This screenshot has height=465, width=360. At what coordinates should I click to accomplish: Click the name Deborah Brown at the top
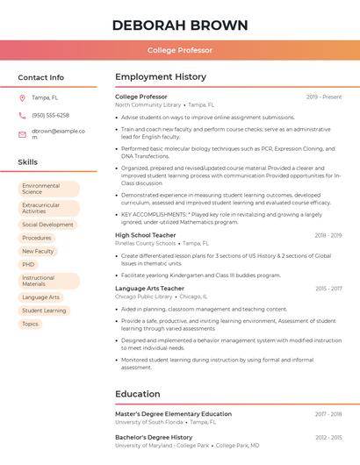click(x=180, y=25)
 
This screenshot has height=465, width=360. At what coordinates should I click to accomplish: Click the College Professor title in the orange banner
click(x=180, y=51)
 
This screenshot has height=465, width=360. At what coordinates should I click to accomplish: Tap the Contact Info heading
click(x=41, y=77)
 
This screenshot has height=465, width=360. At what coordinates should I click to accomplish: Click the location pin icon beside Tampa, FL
click(x=22, y=97)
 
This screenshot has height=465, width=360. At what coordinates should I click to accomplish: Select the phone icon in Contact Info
click(x=22, y=115)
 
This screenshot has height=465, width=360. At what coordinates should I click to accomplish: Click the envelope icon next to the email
click(x=22, y=134)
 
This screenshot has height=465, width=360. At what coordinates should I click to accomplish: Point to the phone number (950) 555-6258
click(x=50, y=115)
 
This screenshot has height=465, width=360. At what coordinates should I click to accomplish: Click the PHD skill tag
click(x=29, y=264)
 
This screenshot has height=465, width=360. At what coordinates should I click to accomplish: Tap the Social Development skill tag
click(x=47, y=225)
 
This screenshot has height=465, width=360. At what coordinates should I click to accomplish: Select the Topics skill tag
click(x=30, y=324)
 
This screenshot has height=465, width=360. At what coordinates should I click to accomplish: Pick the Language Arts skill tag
click(x=41, y=297)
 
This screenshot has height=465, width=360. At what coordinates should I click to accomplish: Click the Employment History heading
click(x=161, y=77)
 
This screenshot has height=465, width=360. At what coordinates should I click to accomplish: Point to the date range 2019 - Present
click(x=324, y=97)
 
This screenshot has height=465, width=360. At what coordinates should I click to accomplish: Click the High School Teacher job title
click(x=146, y=235)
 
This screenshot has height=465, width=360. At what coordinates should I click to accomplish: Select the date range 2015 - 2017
click(x=328, y=289)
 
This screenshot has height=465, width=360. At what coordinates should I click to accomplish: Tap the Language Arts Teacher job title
click(x=149, y=289)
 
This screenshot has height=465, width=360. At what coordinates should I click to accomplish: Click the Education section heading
click(x=138, y=394)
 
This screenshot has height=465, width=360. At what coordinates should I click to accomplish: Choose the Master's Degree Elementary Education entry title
click(x=173, y=414)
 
